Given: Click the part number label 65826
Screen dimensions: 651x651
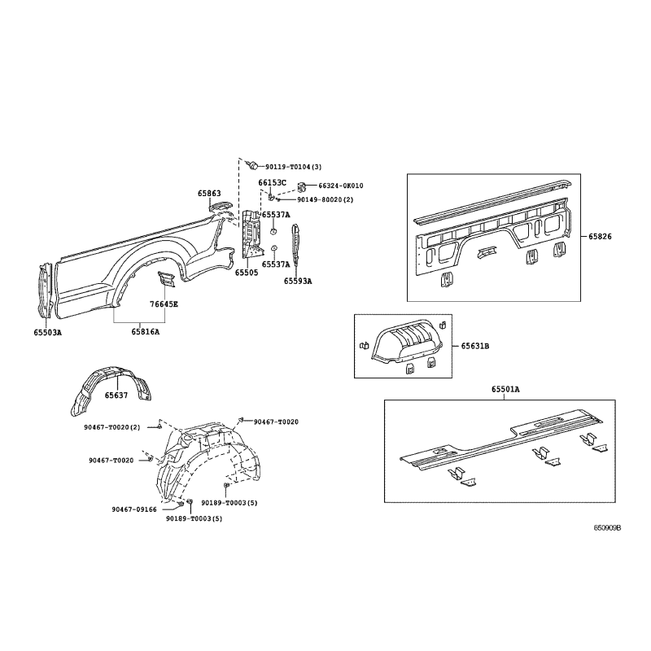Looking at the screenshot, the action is [601, 237].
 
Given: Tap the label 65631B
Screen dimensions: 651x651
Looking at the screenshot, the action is [475, 346].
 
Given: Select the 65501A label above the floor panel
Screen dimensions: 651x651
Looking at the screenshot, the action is [505, 389].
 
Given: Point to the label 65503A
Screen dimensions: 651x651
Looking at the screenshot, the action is [48, 332].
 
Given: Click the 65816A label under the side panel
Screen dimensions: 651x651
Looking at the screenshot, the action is [146, 332].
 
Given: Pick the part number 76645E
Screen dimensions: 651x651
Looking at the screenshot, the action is [164, 304].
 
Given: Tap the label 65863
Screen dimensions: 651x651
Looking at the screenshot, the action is [209, 194].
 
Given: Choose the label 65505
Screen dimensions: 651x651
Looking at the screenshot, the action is [247, 273].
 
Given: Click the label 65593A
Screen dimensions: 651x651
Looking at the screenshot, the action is [298, 281].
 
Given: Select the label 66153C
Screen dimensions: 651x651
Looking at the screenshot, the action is [273, 182].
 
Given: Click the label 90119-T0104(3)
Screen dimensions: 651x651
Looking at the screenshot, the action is [294, 167].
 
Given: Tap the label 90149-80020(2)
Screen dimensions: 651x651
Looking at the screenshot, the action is [325, 199].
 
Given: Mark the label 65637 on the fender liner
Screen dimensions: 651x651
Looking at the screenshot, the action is [116, 395].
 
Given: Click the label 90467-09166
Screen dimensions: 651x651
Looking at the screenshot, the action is [134, 509].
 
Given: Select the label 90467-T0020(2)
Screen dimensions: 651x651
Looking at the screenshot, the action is [112, 427].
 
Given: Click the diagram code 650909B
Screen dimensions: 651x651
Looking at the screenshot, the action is [607, 527].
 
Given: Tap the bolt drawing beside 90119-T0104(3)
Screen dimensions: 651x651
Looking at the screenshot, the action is [252, 165].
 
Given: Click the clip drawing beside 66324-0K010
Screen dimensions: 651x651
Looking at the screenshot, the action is [302, 187].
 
